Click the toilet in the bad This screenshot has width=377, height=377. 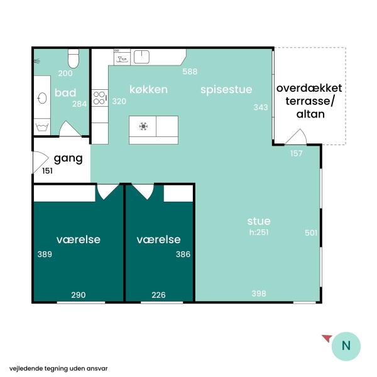[x=74, y=58]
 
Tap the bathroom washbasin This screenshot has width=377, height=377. [x=42, y=98]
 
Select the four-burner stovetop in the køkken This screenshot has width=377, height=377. [x=100, y=98]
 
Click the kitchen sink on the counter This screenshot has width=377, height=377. [x=141, y=57]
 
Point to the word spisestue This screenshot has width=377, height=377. [x=226, y=90]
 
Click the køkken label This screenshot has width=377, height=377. [x=148, y=89]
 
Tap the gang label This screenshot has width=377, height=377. [x=68, y=159]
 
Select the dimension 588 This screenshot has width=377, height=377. [x=190, y=72]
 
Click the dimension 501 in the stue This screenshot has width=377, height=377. [x=311, y=232]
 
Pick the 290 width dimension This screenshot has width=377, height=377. [x=79, y=295]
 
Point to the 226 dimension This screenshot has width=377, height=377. [x=158, y=295]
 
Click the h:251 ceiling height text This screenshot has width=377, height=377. [x=259, y=232]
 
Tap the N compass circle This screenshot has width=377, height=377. [x=346, y=346]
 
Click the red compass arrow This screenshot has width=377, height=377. [x=327, y=338]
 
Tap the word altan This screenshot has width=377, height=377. [x=310, y=114]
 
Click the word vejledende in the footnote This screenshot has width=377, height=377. [x=23, y=369]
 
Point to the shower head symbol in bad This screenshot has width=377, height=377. [x=37, y=61]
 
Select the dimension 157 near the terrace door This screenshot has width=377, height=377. [x=296, y=153]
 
